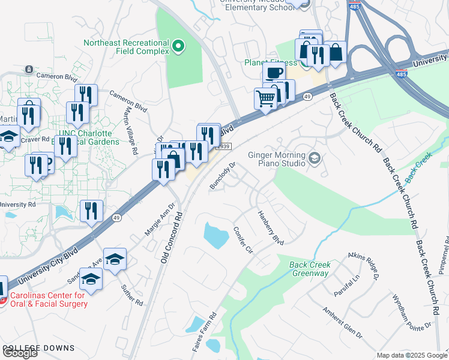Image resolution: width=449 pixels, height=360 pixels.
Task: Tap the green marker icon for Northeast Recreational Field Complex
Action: [178, 46]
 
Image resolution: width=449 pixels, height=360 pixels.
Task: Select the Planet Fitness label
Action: [271, 62]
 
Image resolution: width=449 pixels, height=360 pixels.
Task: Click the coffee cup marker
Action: [274, 73]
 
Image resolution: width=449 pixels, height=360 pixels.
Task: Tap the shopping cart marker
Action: [266, 98]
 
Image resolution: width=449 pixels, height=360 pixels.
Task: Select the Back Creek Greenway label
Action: [309, 269]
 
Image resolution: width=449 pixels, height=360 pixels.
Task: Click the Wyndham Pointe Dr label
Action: [411, 311]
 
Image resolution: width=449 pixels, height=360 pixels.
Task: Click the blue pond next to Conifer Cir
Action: [215, 235]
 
